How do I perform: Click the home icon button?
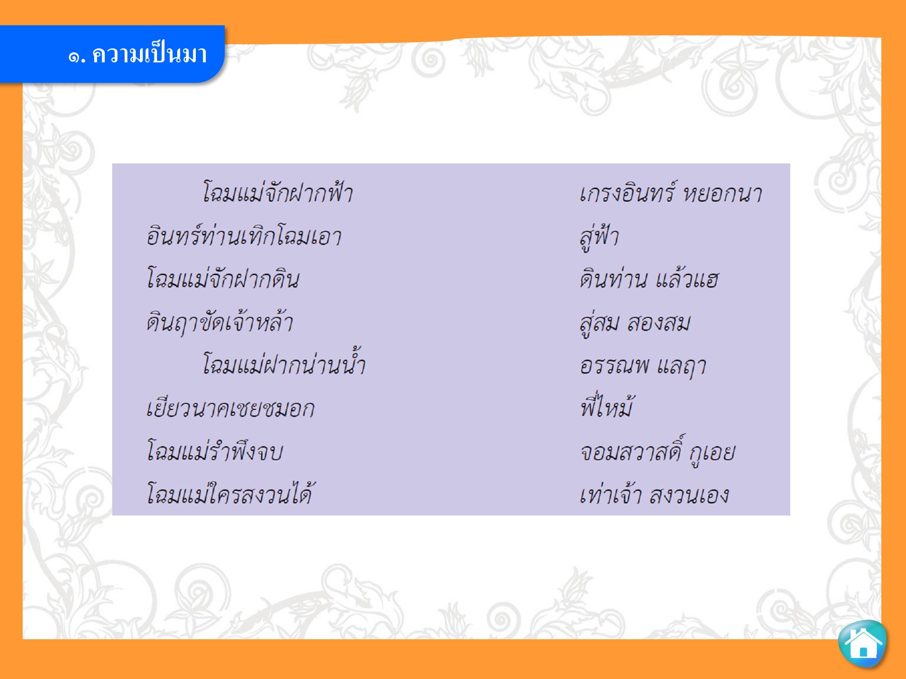pyautogui.click(x=863, y=643)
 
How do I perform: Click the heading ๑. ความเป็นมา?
pyautogui.click(x=137, y=54)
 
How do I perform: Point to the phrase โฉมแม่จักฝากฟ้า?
pyautogui.click(x=277, y=192)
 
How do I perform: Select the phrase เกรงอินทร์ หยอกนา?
pyautogui.click(x=670, y=193)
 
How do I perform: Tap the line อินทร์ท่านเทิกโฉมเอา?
pyautogui.click(x=244, y=235)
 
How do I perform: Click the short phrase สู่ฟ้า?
pyautogui.click(x=599, y=236)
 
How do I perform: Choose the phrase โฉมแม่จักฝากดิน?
pyautogui.click(x=223, y=278)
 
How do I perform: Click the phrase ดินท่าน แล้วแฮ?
pyautogui.click(x=649, y=279)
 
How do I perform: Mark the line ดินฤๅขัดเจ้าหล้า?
pyautogui.click(x=220, y=322)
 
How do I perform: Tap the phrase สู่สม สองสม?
pyautogui.click(x=635, y=323)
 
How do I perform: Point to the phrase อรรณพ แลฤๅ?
pyautogui.click(x=643, y=366)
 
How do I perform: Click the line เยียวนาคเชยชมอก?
pyautogui.click(x=231, y=408)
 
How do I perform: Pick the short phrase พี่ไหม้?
pyautogui.click(x=606, y=405)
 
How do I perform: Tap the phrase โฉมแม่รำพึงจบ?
pyautogui.click(x=215, y=450)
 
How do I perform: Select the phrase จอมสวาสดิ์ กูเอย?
pyautogui.click(x=657, y=451)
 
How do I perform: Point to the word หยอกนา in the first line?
pyautogui.click(x=722, y=193)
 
